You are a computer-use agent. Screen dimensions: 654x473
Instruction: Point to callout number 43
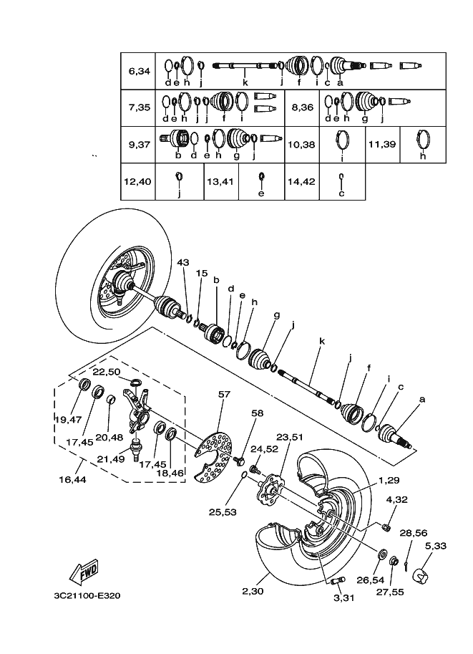tap(182, 263)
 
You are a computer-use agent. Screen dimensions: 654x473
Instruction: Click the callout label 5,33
tap(435, 545)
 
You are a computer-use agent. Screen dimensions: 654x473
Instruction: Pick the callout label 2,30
tap(253, 591)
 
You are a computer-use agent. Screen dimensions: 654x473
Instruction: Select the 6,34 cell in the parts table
tap(139, 72)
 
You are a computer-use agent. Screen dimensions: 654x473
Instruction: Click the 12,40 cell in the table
tap(137, 181)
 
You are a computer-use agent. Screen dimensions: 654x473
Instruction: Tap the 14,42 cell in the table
tap(301, 181)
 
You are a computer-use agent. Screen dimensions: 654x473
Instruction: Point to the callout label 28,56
tap(414, 532)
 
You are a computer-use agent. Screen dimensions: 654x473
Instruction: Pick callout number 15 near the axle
tap(203, 273)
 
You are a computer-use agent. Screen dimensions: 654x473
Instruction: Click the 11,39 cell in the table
tap(382, 144)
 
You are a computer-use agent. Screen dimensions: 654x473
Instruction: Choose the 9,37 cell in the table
tap(139, 144)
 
